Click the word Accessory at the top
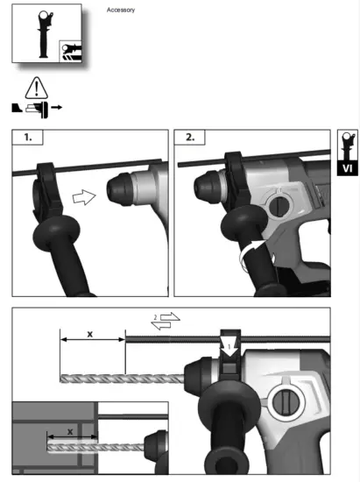120,10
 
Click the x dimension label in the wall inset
71,432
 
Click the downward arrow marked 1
229,346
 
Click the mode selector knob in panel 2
279,208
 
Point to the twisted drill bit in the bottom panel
123,378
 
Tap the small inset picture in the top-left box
70,50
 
